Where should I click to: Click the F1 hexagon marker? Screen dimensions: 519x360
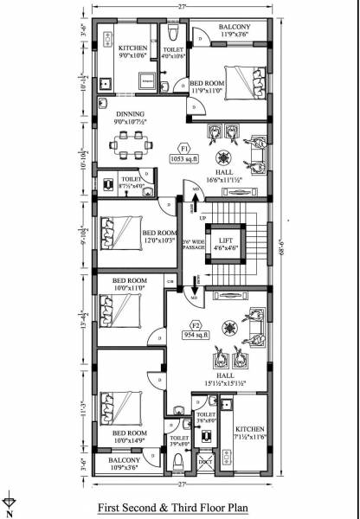pyautogui.click(x=183, y=147)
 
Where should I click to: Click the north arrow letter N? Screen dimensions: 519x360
pyautogui.click(x=8, y=512)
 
